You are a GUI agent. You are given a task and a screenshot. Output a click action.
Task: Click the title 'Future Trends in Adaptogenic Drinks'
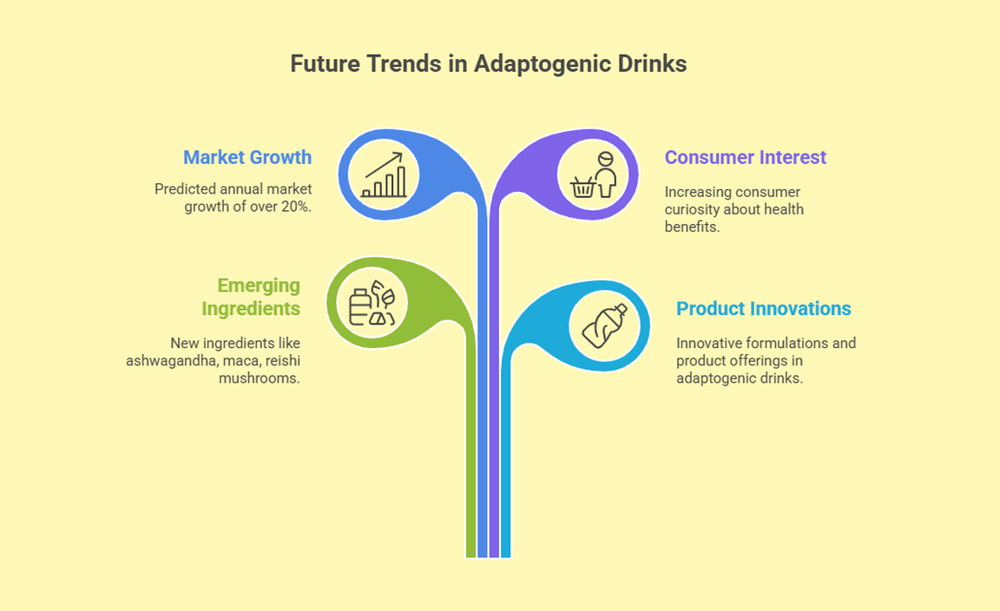tap(489, 63)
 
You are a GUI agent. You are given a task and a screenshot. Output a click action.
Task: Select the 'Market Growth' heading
tap(247, 157)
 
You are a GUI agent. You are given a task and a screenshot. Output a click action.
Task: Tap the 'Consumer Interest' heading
tap(746, 157)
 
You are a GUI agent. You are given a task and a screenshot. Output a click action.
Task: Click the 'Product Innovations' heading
tap(763, 308)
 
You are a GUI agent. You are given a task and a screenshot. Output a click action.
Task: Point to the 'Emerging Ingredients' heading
tap(251, 297)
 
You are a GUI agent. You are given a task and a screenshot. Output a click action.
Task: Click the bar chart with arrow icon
tap(384, 174)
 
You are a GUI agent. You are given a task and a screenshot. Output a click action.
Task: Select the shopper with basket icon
tap(594, 174)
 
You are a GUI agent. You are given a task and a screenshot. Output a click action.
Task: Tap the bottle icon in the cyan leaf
tap(604, 326)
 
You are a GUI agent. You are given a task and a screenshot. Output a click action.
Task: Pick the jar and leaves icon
tap(372, 302)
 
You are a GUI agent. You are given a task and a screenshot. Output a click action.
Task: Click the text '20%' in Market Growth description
tap(295, 207)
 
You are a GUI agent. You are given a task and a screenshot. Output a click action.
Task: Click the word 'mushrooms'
tap(259, 378)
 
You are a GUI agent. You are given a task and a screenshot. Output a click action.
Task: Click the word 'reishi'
tap(283, 360)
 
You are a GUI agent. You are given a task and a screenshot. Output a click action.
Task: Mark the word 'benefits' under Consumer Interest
tap(692, 227)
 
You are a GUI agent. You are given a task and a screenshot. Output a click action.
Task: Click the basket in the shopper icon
tap(583, 187)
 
